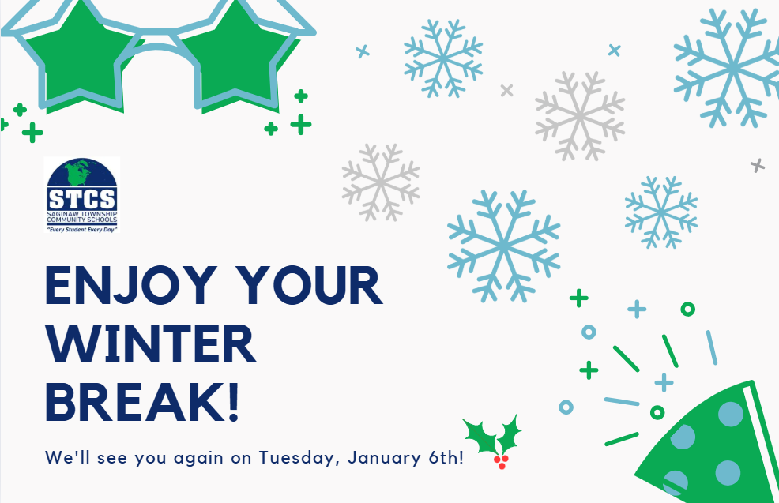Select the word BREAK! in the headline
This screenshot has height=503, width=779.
click(x=142, y=401)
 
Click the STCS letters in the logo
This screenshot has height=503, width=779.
click(x=81, y=197)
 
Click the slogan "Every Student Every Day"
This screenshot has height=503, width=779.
click(x=81, y=229)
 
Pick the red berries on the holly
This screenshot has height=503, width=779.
click(x=500, y=461)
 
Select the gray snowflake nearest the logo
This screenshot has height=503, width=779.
click(x=380, y=182)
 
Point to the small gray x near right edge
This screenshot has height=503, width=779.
click(x=757, y=165)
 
